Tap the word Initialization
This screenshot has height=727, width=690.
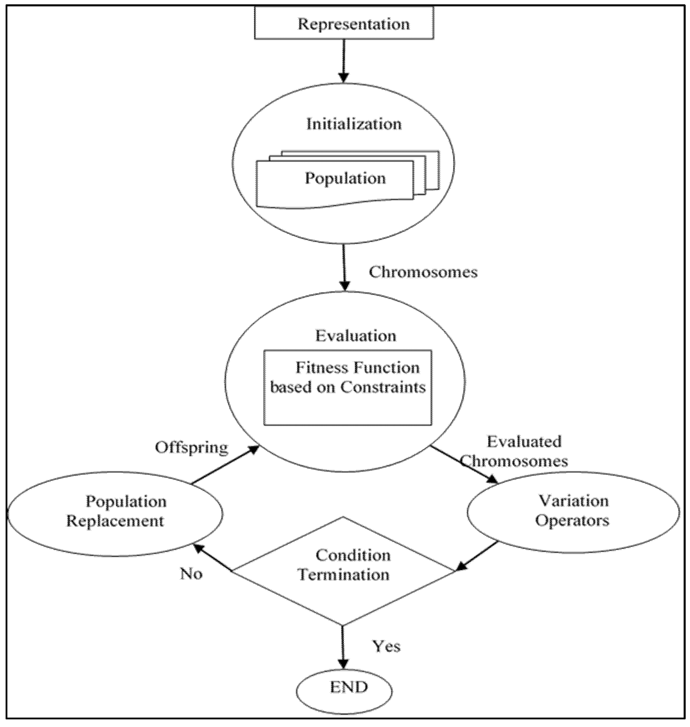point(354,124)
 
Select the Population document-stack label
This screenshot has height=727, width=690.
point(345,178)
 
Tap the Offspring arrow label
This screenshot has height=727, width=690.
point(191,448)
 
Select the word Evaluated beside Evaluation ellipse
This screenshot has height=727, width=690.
point(524,441)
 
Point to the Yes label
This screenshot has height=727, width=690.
point(386,646)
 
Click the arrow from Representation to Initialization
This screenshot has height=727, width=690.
point(344,61)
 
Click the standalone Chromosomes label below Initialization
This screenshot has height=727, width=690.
point(423,272)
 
